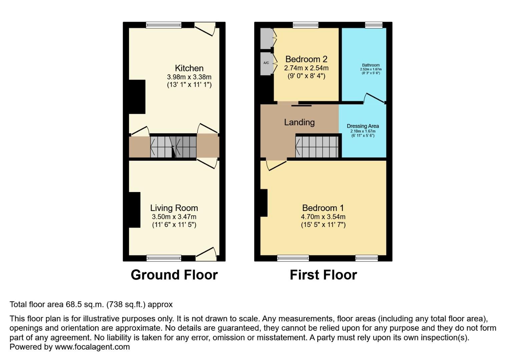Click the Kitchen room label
pyautogui.click(x=189, y=68)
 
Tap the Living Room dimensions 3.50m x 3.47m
pyautogui.click(x=174, y=217)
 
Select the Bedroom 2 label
pyautogui.click(x=306, y=59)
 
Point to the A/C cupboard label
pyautogui.click(x=266, y=63)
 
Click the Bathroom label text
pyautogui.click(x=371, y=65)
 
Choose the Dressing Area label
pyautogui.click(x=363, y=126)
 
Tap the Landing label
pyautogui.click(x=299, y=122)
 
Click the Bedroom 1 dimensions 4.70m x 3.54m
pyautogui.click(x=323, y=217)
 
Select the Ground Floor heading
pyautogui.click(x=174, y=275)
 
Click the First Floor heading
pyautogui.click(x=323, y=275)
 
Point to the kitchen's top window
pyautogui.click(x=164, y=25)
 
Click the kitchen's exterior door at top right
pyautogui.click(x=205, y=29)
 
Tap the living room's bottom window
pyautogui.click(x=164, y=258)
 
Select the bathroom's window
pyautogui.click(x=374, y=25)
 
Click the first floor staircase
pyautogui.click(x=317, y=147)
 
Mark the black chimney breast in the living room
pyautogui.click(x=134, y=210)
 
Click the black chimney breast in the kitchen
pyautogui.click(x=137, y=97)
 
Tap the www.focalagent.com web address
pyautogui.click(x=92, y=347)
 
